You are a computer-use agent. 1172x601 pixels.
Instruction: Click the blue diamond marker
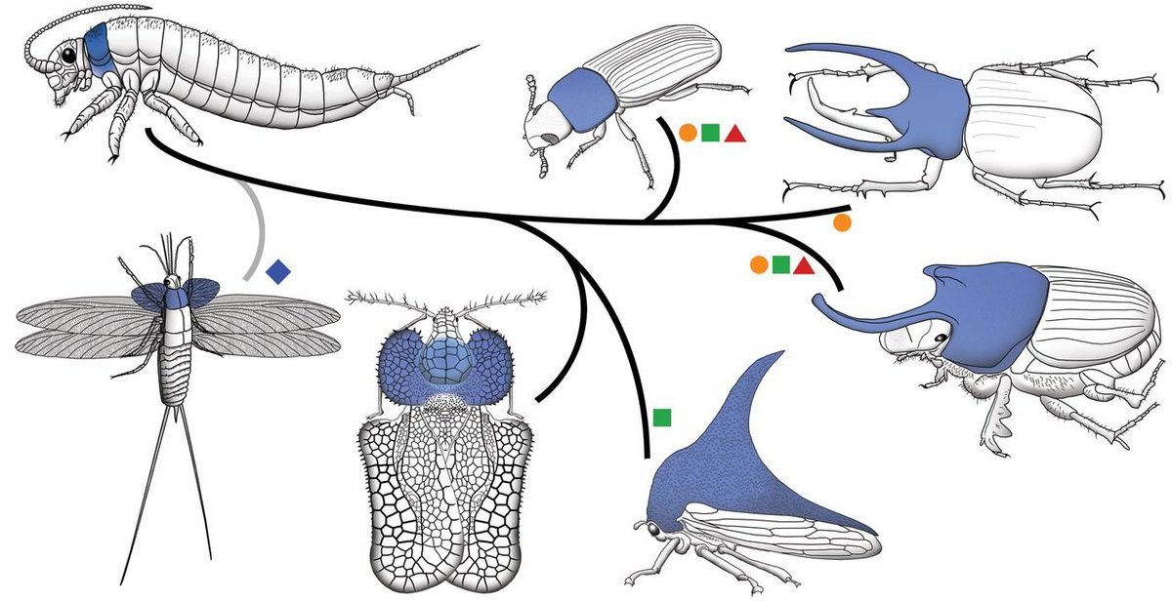[279, 268]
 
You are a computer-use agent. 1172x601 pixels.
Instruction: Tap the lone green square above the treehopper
[662, 418]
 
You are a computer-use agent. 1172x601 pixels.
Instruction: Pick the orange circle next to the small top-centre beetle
[688, 133]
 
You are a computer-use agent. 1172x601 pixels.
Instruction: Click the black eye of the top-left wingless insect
[70, 57]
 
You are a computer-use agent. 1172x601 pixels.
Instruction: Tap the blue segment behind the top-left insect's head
[99, 49]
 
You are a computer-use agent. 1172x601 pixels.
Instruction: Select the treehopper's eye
[649, 530]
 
